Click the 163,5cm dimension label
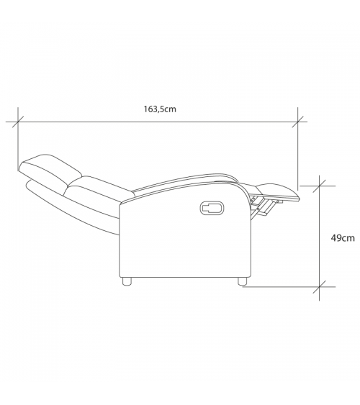click(x=160, y=109)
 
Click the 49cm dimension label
click(x=343, y=238)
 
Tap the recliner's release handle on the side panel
click(x=212, y=208)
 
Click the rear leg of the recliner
click(x=126, y=281)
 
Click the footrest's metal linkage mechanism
click(x=262, y=205)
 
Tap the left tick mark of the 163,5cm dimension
click(x=18, y=122)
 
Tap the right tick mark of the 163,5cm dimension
click(x=298, y=122)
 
